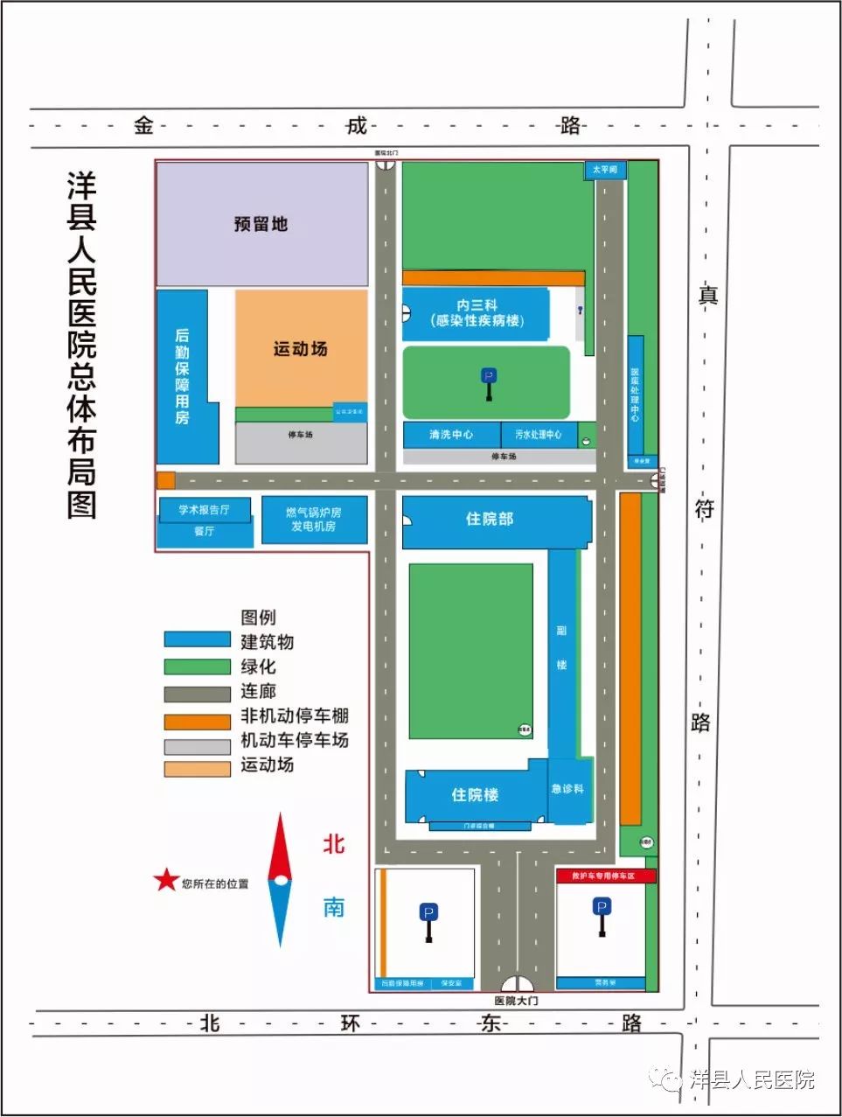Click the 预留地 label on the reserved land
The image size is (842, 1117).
pyautogui.click(x=261, y=224)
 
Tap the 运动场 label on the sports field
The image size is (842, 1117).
pyautogui.click(x=300, y=349)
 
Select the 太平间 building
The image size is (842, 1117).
pyautogui.click(x=605, y=170)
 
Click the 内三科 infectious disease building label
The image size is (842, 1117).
pyautogui.click(x=477, y=313)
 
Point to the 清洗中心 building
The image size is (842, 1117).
pyautogui.click(x=451, y=435)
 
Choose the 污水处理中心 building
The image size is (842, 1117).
pyautogui.click(x=538, y=435)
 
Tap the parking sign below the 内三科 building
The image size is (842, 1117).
pyautogui.click(x=489, y=383)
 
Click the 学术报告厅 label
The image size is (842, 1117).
pyautogui.click(x=204, y=510)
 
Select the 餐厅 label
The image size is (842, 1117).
pyautogui.click(x=204, y=531)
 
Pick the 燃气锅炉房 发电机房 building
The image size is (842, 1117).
pyautogui.click(x=314, y=520)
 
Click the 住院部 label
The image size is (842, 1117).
pyautogui.click(x=489, y=520)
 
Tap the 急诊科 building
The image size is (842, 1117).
pyautogui.click(x=567, y=789)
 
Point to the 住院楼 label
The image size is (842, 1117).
pyautogui.click(x=475, y=794)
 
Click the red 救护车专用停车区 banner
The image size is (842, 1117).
pyautogui.click(x=605, y=876)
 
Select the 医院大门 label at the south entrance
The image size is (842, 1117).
pyautogui.click(x=516, y=1001)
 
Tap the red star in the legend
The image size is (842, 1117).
pyautogui.click(x=165, y=881)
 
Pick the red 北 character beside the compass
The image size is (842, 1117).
pyautogui.click(x=334, y=844)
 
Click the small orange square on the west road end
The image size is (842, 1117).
pyautogui.click(x=165, y=480)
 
